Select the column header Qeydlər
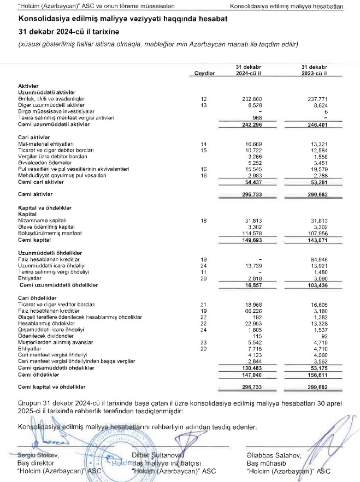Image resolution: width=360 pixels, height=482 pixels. coord(205,73)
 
